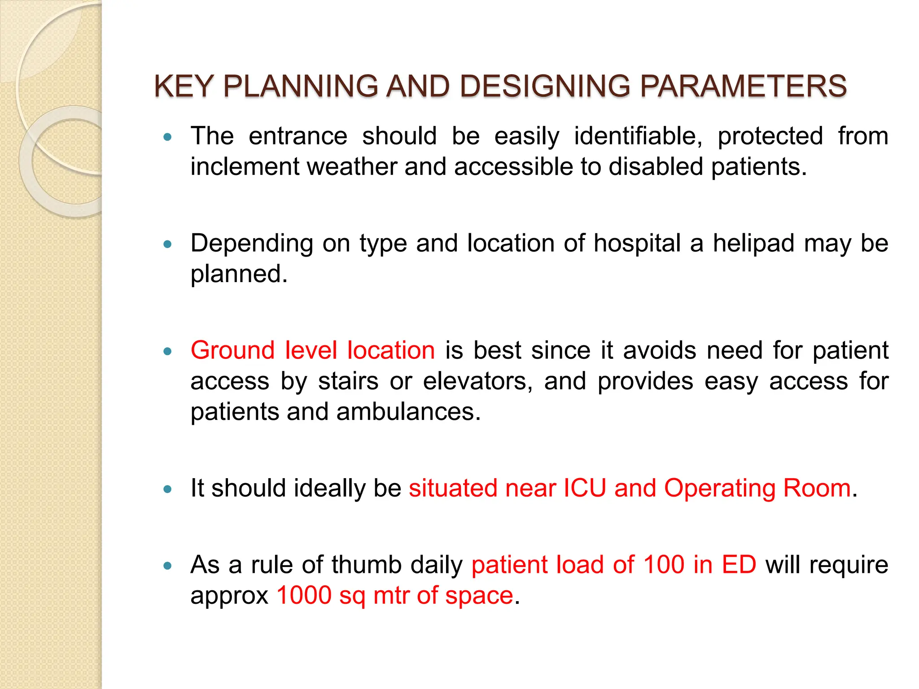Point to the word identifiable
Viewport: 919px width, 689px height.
click(638, 136)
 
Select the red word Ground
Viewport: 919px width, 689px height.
click(232, 350)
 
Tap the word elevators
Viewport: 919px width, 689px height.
click(477, 381)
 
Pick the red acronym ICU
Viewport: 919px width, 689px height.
click(585, 488)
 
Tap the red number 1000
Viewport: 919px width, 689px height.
click(304, 595)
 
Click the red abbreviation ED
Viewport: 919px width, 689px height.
click(739, 564)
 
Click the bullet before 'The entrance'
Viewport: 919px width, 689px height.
click(168, 137)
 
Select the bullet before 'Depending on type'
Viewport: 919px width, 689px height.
click(168, 244)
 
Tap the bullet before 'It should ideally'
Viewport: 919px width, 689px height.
click(168, 489)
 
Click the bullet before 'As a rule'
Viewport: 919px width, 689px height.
click(168, 566)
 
